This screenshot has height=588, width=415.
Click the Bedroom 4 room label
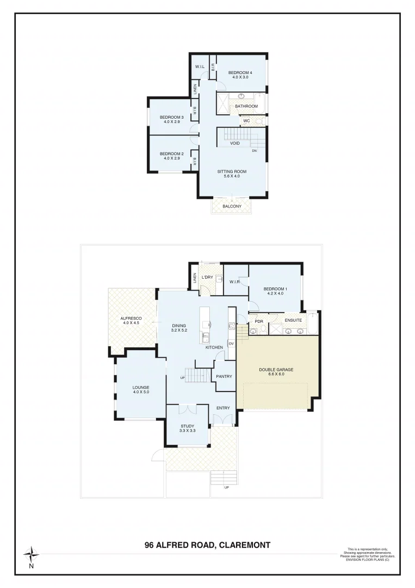[x=239, y=75]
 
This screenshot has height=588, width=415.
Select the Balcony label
[x=232, y=206]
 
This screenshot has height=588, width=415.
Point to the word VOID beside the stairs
[x=235, y=143]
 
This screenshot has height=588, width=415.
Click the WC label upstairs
[x=246, y=121]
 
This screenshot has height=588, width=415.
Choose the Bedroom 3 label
[x=171, y=119]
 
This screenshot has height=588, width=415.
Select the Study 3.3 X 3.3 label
[x=187, y=428]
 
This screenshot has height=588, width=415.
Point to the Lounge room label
[x=141, y=389]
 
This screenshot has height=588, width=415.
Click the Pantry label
[x=224, y=376]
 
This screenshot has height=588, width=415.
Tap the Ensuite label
[x=293, y=320]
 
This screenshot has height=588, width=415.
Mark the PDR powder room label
[x=259, y=321]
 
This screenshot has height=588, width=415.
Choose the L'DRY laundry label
[x=207, y=278]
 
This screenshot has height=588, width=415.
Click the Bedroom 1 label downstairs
[x=274, y=291]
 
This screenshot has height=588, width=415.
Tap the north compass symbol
[x=32, y=555]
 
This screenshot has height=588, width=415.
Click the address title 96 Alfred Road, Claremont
[x=207, y=544]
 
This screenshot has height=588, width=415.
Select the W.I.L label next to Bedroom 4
[x=200, y=67]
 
